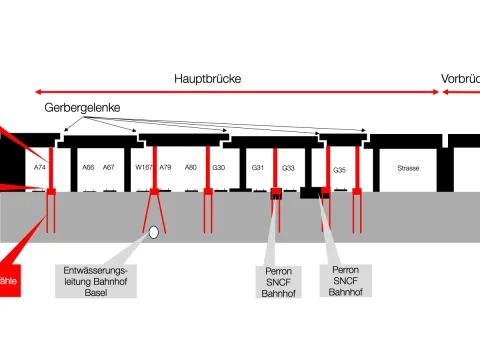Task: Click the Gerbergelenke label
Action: click(x=75, y=106)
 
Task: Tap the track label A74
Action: click(x=40, y=167)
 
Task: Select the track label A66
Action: click(x=88, y=167)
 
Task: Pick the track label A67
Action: click(x=109, y=167)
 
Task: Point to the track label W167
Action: click(x=144, y=167)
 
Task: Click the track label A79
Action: click(x=166, y=167)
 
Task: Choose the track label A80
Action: click(x=191, y=167)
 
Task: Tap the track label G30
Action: click(x=219, y=167)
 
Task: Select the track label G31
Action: click(x=257, y=167)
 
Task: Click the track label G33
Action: click(x=288, y=167)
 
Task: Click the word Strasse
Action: click(x=408, y=167)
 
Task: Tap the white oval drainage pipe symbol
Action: click(x=154, y=232)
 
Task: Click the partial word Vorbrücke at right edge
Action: click(x=460, y=78)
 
